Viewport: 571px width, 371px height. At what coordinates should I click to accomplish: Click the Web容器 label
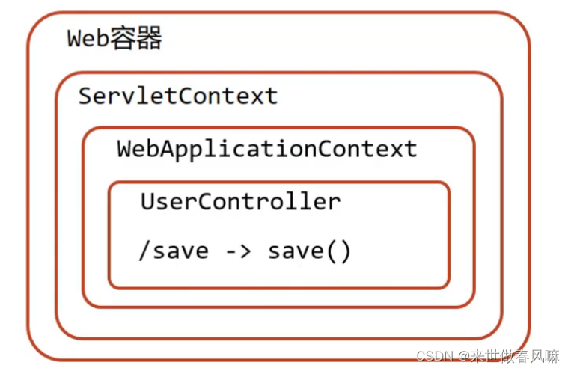(x=114, y=38)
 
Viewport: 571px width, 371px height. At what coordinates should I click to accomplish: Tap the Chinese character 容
(x=124, y=38)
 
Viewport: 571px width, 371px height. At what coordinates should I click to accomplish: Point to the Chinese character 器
(x=149, y=38)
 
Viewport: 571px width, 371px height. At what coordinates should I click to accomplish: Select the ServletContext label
(x=178, y=96)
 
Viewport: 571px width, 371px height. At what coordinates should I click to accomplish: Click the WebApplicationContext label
(x=266, y=148)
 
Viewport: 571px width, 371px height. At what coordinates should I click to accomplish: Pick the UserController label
(x=240, y=201)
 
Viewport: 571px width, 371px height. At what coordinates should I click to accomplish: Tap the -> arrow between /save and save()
(x=238, y=251)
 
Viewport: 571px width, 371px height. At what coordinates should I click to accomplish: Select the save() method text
(x=309, y=251)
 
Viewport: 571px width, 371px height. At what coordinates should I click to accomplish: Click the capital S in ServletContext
(x=86, y=96)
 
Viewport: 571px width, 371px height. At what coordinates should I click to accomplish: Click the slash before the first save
(x=144, y=251)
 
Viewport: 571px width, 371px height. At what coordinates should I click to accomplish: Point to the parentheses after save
(x=340, y=251)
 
